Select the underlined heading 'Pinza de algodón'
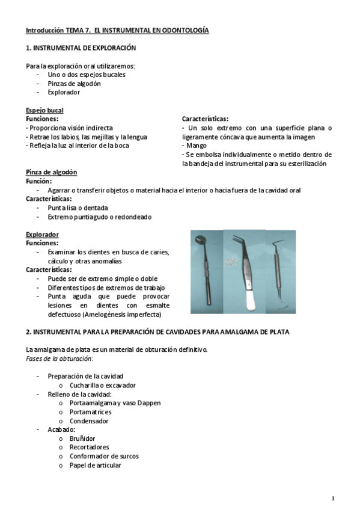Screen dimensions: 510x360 coord(51,172)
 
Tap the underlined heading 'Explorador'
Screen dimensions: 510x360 coord(42,234)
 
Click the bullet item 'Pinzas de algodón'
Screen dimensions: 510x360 coord(74,84)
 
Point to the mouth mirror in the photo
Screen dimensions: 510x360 coord(205,265)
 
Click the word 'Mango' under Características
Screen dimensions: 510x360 coord(197,146)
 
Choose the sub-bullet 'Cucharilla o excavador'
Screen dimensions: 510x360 coord(102,385)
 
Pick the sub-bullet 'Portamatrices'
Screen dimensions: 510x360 coord(90,412)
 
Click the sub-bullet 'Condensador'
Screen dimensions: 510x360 coord(89,421)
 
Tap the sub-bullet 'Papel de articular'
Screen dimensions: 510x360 coord(95,465)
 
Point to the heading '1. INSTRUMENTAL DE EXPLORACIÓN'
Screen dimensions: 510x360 coord(81,48)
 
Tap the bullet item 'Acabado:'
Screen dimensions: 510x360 coord(61,429)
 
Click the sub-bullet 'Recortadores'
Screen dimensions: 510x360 coord(89,447)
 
